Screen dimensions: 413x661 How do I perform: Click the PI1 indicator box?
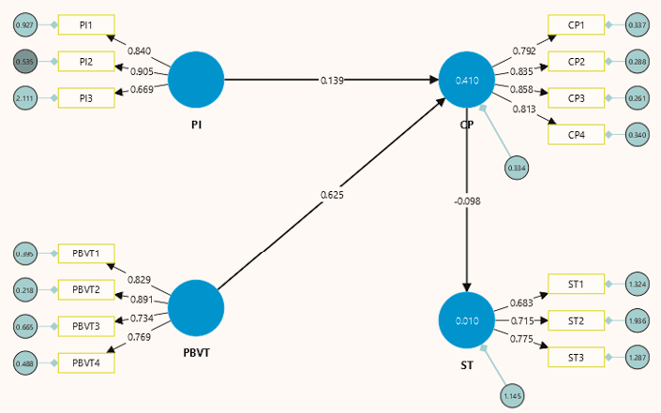(85, 24)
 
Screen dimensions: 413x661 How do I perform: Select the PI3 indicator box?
(85, 97)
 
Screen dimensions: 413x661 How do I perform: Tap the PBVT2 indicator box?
(85, 290)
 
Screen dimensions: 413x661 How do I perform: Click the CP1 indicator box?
(577, 24)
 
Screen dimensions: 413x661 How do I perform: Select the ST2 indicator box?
(577, 321)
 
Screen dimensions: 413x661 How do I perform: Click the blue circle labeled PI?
(196, 81)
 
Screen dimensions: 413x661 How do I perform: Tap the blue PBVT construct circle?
(196, 308)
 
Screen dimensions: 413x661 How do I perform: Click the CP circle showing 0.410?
(467, 81)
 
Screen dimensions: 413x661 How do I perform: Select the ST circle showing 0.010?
(467, 321)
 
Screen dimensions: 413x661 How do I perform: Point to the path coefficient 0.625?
(330, 195)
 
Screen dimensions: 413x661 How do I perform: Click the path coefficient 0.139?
(330, 81)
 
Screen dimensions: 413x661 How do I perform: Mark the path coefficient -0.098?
(467, 200)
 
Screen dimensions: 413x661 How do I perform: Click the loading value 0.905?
(143, 70)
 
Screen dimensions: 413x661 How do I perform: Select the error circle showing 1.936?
(638, 321)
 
